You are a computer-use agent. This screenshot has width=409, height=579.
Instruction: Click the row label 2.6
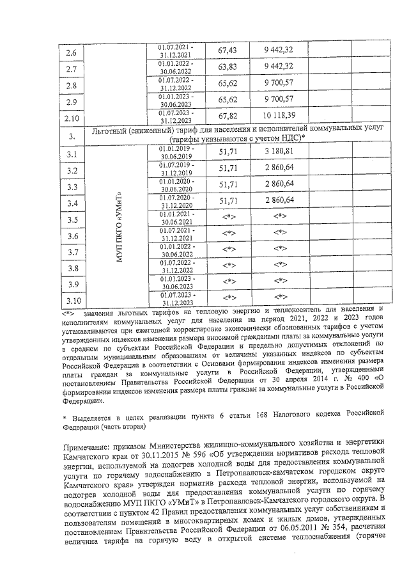click(72, 52)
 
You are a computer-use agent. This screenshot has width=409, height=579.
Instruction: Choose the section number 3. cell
click(72, 136)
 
